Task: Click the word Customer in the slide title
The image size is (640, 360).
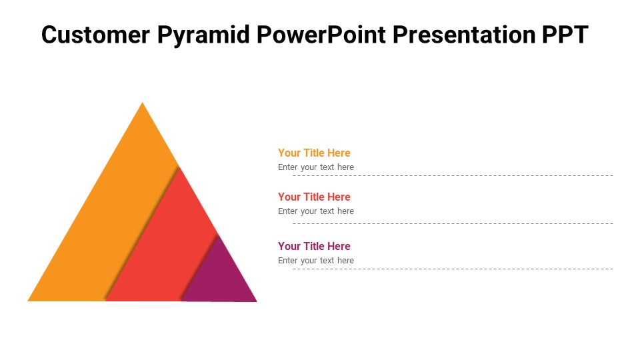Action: (95, 35)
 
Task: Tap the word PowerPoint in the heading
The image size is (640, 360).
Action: (321, 35)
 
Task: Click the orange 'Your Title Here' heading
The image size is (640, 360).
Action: (314, 153)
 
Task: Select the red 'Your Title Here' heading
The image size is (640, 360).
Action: (314, 197)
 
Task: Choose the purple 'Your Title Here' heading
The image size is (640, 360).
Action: (314, 246)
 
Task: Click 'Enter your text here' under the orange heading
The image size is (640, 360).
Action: (316, 167)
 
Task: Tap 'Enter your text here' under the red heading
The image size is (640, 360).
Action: (316, 211)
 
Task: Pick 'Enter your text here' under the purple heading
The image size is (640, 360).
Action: (316, 261)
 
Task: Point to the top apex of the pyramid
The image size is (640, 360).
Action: (142, 104)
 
